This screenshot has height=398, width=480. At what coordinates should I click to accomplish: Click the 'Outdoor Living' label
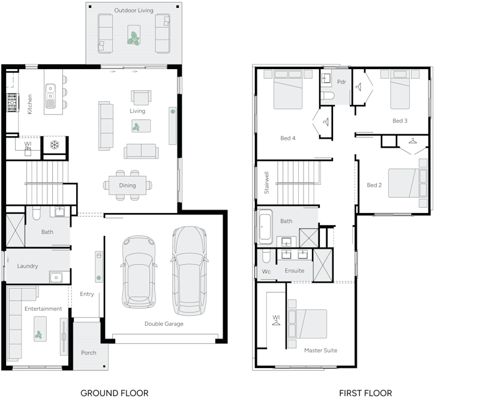[133, 11]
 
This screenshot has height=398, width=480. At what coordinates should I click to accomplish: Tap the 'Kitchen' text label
[29, 104]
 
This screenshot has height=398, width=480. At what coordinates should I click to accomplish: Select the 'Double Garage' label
[164, 324]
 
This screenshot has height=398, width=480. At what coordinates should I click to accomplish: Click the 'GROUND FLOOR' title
[114, 393]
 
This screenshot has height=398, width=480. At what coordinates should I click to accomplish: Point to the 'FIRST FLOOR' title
[365, 393]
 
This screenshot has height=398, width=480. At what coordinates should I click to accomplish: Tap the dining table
[127, 185]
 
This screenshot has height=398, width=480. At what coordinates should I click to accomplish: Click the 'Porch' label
[88, 352]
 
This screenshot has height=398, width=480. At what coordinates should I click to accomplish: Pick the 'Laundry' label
[28, 266]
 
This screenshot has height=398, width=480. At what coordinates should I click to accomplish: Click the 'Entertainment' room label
[43, 309]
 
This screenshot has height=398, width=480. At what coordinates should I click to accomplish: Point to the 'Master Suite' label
[320, 350]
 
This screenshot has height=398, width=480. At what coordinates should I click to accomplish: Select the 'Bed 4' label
[288, 138]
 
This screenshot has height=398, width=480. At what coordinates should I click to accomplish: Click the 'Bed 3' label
[400, 121]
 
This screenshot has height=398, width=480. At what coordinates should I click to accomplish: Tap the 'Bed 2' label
[374, 185]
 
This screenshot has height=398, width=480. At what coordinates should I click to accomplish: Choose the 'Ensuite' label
[294, 271]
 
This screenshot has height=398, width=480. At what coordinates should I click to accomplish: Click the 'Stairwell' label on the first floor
[266, 184]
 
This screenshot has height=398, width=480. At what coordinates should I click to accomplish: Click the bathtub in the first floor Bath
[267, 227]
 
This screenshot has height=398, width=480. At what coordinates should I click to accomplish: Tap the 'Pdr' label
[341, 82]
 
